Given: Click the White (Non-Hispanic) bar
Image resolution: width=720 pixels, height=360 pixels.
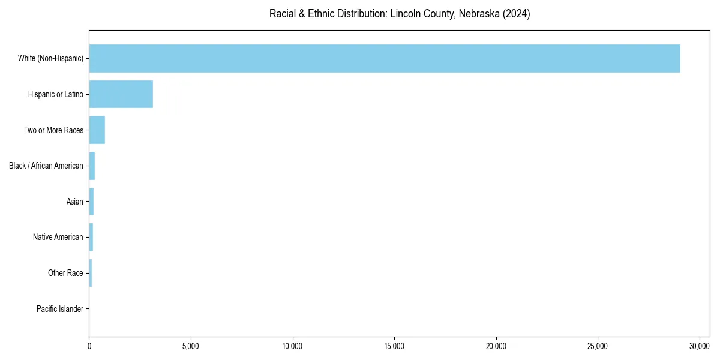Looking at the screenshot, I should point(385,58).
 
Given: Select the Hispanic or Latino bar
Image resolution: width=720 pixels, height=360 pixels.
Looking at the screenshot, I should point(121,94).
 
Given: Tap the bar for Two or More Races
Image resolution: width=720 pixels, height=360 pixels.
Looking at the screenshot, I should point(97,130).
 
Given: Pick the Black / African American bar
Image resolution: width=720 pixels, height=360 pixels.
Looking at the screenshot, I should point(92,166).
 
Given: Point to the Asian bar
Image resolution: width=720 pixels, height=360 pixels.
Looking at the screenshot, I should point(91,202).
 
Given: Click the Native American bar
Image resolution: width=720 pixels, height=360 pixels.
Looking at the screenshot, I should point(91,237).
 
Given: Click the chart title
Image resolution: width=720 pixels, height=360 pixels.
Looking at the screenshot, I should point(400,14).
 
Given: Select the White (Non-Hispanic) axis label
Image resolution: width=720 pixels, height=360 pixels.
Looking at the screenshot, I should point(50,58).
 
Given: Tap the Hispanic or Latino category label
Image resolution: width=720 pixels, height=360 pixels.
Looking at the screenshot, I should point(55,94).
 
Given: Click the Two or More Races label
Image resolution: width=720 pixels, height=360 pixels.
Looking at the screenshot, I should point(53,130).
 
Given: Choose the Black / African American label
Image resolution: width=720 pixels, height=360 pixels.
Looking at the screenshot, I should point(46,166).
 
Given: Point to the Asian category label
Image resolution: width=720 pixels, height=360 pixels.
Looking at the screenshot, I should point(74,202).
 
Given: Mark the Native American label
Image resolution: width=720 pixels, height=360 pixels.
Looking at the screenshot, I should point(58,237).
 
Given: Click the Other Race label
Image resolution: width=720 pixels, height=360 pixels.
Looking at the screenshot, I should point(65,273).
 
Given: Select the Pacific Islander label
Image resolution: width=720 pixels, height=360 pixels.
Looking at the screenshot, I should point(60,309).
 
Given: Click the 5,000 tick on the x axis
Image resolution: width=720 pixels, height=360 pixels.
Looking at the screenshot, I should point(191,346).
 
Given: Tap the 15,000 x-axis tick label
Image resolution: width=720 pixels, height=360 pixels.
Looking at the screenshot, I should point(394,346).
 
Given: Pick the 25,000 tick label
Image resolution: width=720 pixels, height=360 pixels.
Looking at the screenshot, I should point(598,346).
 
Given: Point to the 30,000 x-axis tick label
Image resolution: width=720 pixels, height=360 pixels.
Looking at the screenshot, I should point(700,346).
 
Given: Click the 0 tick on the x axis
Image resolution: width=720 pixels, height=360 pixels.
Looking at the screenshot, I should point(89,346).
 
